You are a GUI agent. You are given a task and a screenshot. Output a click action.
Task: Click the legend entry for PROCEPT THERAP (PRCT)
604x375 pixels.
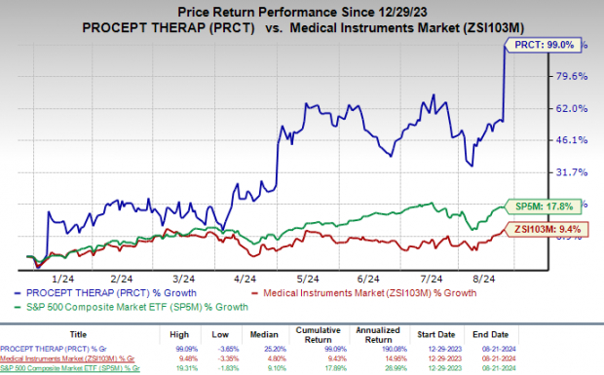click(x=112, y=293)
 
